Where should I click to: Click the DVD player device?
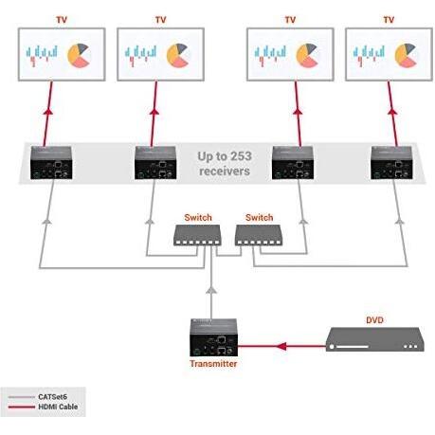374,339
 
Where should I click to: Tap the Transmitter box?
213,337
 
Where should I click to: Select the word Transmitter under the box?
213,364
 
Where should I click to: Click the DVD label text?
374,320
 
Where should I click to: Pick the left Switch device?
197,235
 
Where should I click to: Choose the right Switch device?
259,235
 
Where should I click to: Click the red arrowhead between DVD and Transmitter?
281,347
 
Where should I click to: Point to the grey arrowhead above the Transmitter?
211,290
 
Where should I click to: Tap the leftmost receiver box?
51,163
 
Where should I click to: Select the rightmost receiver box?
391,163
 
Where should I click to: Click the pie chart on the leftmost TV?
79,55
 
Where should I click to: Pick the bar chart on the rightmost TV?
369,55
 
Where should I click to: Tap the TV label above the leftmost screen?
62,20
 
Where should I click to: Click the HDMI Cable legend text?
58,407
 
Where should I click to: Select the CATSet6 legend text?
52,397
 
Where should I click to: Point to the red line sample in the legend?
22,408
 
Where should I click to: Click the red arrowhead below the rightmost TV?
392,112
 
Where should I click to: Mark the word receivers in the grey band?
225,172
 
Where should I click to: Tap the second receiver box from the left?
155,163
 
